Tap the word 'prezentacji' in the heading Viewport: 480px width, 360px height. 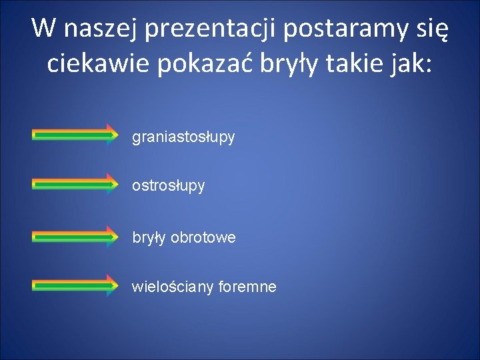pos(212,29)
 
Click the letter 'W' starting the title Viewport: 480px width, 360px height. pos(43,29)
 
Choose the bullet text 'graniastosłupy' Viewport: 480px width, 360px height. pos(183,137)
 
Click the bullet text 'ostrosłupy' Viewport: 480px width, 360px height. pos(168,186)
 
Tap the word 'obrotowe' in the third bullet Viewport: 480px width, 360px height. pos(203,237)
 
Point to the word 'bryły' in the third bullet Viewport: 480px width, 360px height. pos(149,237)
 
